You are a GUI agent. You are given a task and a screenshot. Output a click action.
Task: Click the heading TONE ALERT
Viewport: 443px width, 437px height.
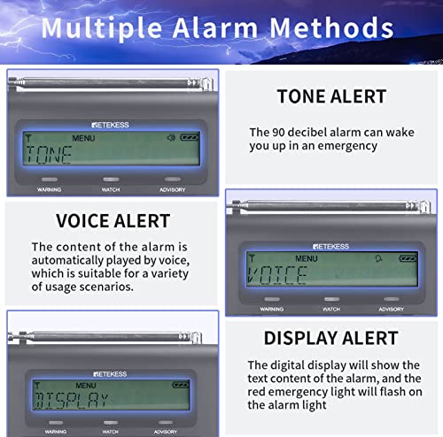click(x=330, y=96)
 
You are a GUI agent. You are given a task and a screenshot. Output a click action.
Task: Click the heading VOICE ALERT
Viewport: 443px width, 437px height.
click(x=113, y=220)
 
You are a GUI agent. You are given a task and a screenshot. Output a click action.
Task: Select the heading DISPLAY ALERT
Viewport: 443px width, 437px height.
click(x=330, y=337)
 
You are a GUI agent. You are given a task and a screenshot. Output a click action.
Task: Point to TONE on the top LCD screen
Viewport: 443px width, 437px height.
click(x=49, y=157)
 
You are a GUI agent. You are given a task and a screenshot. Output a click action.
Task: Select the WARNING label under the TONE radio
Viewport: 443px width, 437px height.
click(x=50, y=189)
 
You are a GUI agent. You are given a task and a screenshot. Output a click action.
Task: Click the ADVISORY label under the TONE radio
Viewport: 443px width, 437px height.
click(x=172, y=189)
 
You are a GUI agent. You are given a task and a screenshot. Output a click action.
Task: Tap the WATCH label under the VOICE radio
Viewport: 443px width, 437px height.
click(x=331, y=309)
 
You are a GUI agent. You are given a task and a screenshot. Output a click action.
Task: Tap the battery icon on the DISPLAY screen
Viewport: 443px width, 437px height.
click(x=179, y=385)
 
